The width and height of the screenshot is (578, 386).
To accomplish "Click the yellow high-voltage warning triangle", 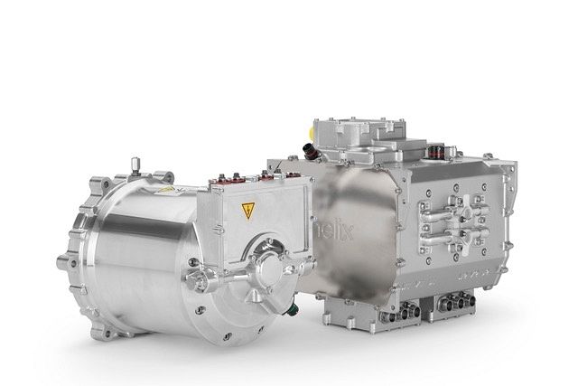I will point(247,210).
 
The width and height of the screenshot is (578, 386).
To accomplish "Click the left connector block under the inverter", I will point(399,313).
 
